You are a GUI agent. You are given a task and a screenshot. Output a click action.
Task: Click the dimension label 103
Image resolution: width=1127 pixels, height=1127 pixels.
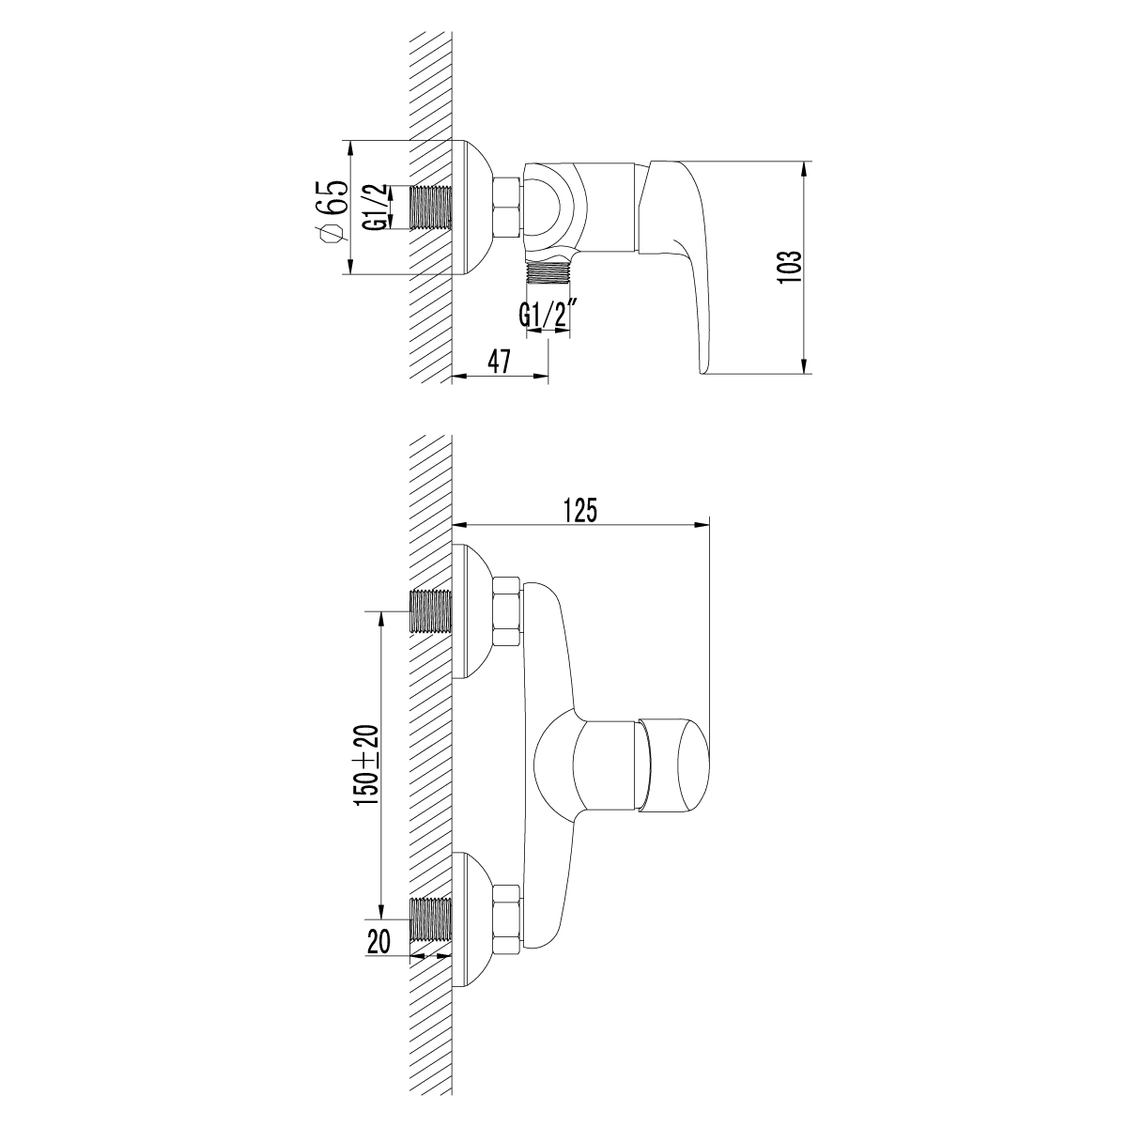789,267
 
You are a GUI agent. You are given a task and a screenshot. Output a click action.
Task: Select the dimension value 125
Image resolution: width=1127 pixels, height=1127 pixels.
579,511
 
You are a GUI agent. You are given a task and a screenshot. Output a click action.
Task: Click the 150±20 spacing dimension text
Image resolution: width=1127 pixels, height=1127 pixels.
365,765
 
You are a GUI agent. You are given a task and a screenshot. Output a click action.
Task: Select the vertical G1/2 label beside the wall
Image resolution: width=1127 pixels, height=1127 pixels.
374,208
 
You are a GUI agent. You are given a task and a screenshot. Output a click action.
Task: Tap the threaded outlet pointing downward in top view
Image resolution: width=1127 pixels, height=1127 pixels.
549,272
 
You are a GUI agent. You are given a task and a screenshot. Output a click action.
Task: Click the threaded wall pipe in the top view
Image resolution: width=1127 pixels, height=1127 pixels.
431,208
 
